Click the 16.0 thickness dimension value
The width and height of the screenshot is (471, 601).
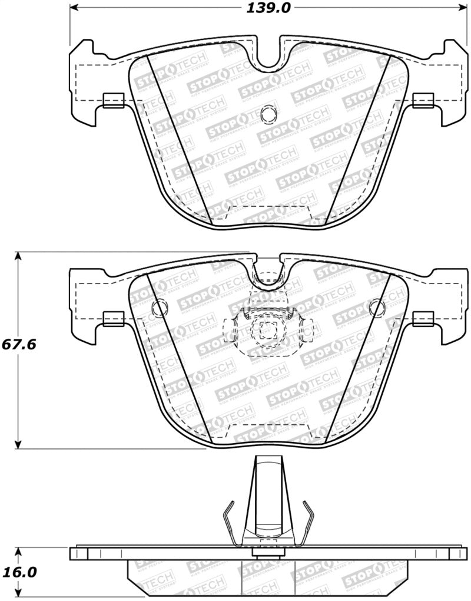coord(20,572)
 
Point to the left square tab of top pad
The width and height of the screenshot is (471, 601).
coord(112,101)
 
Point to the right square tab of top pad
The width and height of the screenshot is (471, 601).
coord(423,101)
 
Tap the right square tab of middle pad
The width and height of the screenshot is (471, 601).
coord(423,319)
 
